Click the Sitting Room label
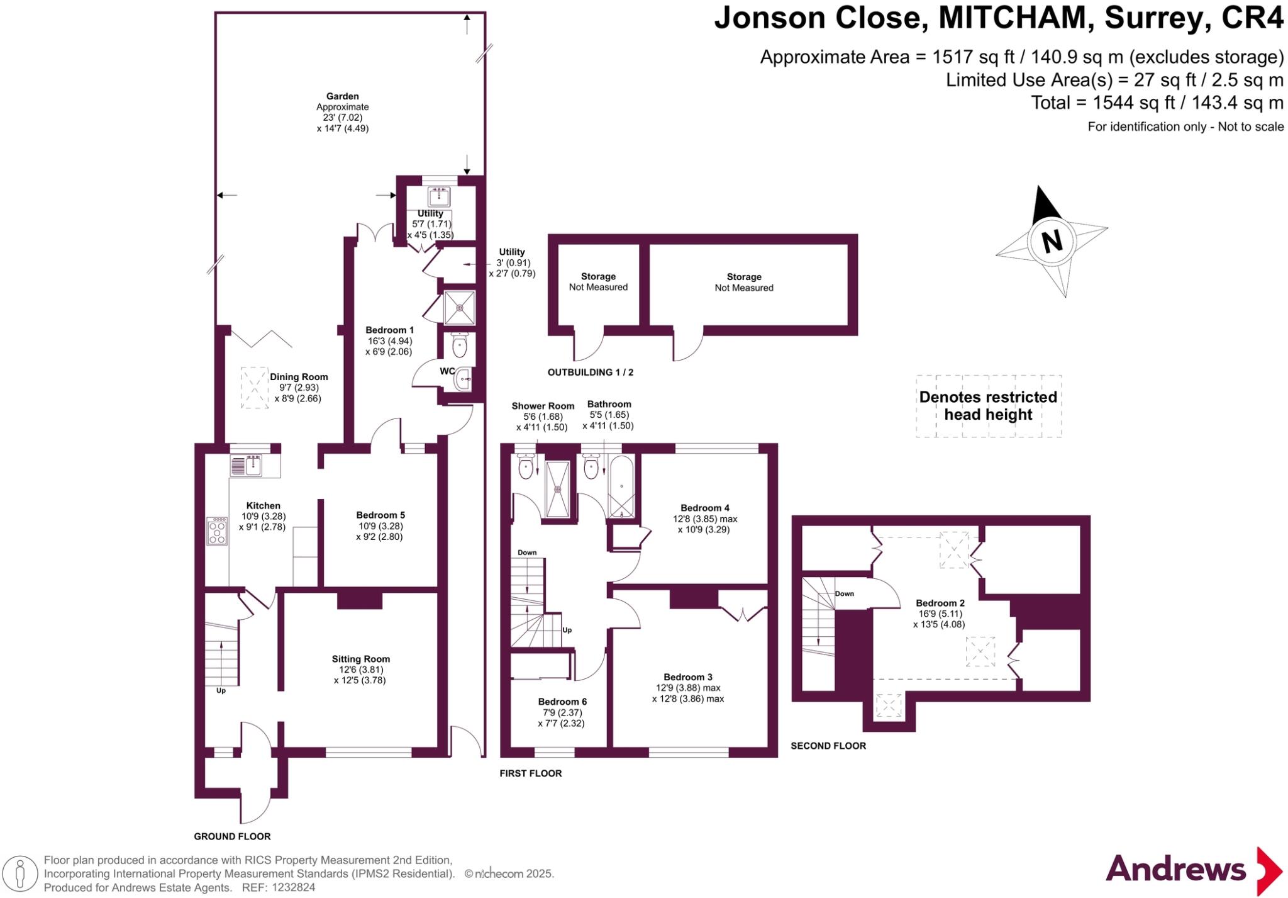pyautogui.click(x=361, y=659)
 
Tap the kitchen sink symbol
pyautogui.click(x=254, y=466)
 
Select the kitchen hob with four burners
pyautogui.click(x=217, y=530)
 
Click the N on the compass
pyautogui.click(x=1051, y=242)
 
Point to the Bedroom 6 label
pyautogui.click(x=562, y=702)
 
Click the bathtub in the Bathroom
pyautogui.click(x=621, y=488)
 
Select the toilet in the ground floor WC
pyautogui.click(x=460, y=345)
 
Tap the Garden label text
pyautogui.click(x=342, y=96)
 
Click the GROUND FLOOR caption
pyautogui.click(x=232, y=836)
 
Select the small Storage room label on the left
pyautogui.click(x=598, y=277)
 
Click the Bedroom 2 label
pyautogui.click(x=940, y=603)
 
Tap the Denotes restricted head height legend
pyautogui.click(x=987, y=406)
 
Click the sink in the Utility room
pyautogui.click(x=438, y=197)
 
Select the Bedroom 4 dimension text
pyautogui.click(x=704, y=524)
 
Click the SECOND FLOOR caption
pyautogui.click(x=828, y=746)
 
